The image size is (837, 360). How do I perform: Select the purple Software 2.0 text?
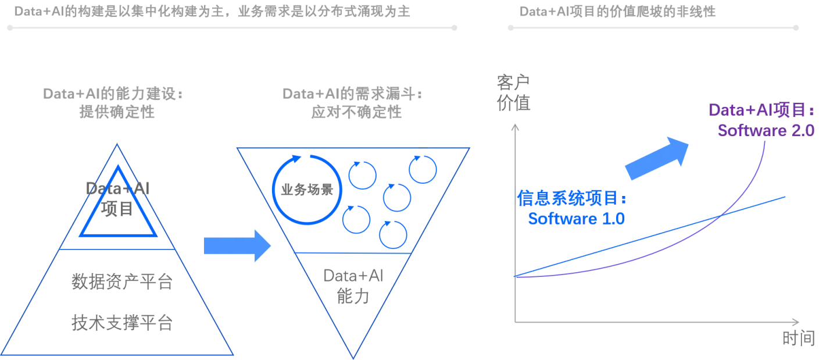click(x=766, y=130)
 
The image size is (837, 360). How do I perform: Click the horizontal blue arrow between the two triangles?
click(x=237, y=245)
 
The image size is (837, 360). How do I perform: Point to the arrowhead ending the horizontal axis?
click(x=795, y=322)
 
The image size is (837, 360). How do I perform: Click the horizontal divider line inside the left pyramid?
click(x=118, y=249)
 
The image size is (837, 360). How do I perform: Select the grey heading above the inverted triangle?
click(x=351, y=102)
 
